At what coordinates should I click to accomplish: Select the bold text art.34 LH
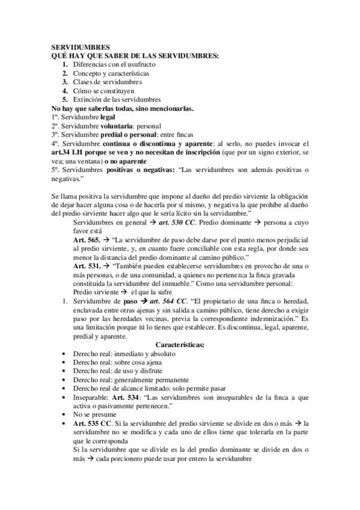click(x=66, y=153)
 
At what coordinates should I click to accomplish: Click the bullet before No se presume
click(x=64, y=415)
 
